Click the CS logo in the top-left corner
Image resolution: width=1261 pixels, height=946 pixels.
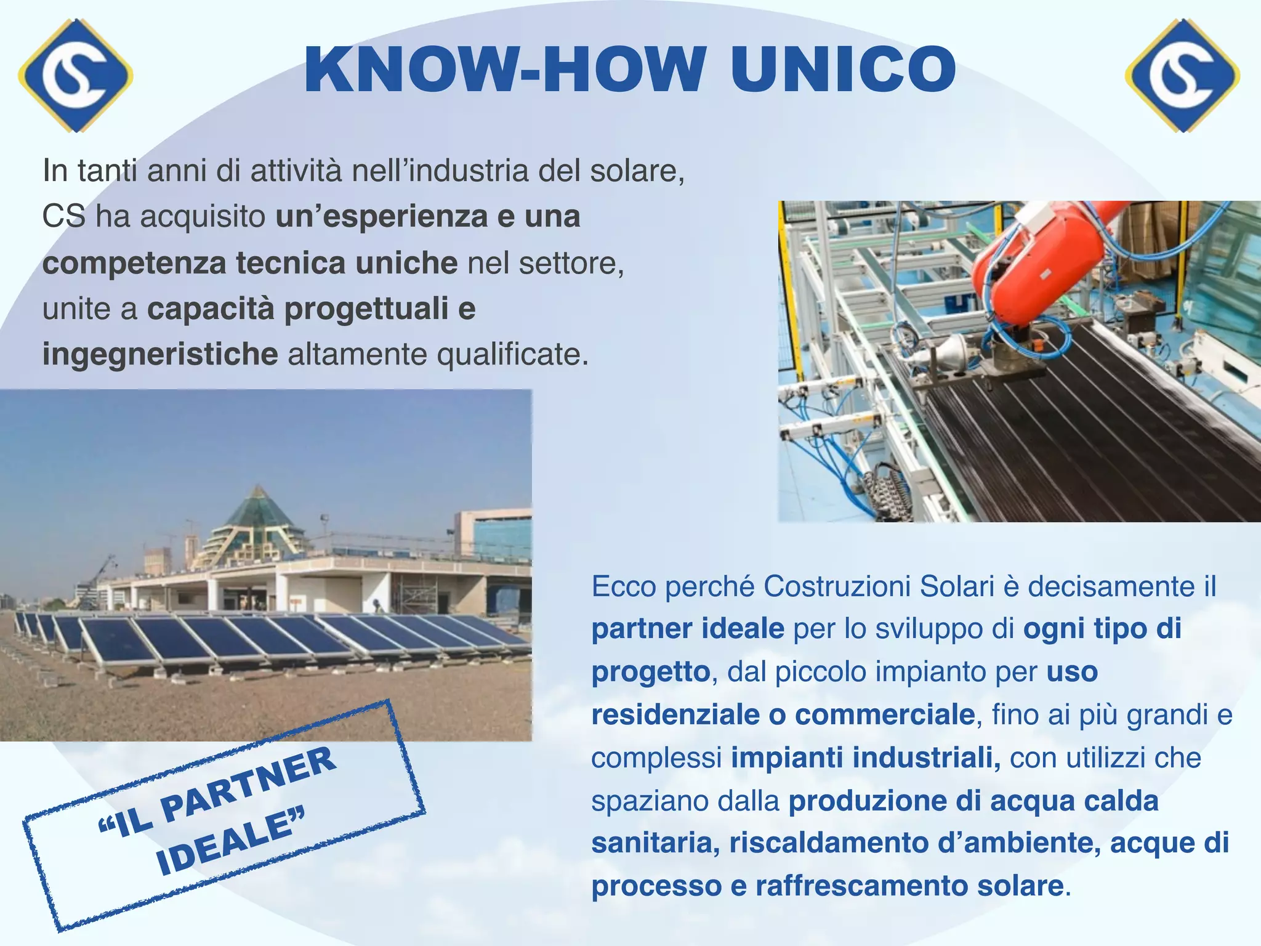pos(75,75)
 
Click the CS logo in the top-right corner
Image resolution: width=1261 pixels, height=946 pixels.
pos(1182,75)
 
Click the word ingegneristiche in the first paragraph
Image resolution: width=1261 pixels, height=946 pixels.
pos(160,355)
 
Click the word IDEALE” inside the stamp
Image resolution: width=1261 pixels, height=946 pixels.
pos(230,844)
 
